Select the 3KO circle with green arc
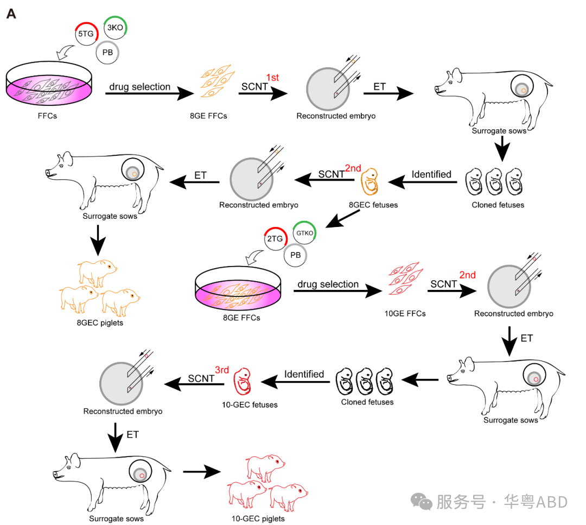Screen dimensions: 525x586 tap(115, 27)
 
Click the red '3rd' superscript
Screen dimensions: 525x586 tap(222, 369)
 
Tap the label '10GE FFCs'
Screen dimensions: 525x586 tap(405, 313)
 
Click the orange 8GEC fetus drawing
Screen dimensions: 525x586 tap(370, 182)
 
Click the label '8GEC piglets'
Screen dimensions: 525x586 tap(100, 322)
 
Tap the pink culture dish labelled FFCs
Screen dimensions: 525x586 tap(49, 87)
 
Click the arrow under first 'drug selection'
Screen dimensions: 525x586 tap(149, 94)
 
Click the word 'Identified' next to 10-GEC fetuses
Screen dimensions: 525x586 tap(304, 374)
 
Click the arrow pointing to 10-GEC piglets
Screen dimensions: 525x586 tap(201, 471)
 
